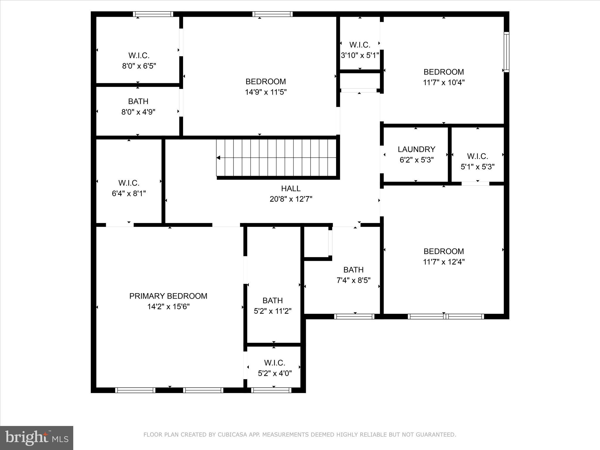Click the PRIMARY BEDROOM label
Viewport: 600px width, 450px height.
(168, 296)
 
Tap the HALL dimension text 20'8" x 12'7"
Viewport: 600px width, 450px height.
(291, 199)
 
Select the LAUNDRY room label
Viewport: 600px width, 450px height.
(416, 149)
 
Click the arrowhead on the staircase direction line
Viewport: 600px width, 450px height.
(218, 158)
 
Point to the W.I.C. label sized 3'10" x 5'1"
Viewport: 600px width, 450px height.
(360, 45)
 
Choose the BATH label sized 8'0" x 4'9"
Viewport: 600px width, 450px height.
(138, 101)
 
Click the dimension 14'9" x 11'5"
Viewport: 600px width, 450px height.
(265, 92)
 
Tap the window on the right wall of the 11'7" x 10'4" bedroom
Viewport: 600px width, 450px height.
(506, 52)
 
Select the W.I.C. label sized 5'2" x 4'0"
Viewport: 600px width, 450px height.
(275, 363)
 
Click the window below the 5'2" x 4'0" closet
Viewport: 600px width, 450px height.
(271, 390)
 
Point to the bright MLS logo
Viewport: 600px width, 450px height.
(37, 438)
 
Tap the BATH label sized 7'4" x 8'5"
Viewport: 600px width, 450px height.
(353, 270)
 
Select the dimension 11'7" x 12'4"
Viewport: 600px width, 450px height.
(444, 262)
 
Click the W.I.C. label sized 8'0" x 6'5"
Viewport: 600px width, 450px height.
(139, 55)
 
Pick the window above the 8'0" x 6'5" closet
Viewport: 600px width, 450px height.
(153, 14)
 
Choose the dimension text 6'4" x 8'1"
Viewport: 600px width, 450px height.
(129, 194)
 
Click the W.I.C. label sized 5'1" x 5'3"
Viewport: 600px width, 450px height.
(478, 156)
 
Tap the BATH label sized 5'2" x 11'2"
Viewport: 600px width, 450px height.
(272, 300)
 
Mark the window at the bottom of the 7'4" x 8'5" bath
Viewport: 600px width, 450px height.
(354, 316)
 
